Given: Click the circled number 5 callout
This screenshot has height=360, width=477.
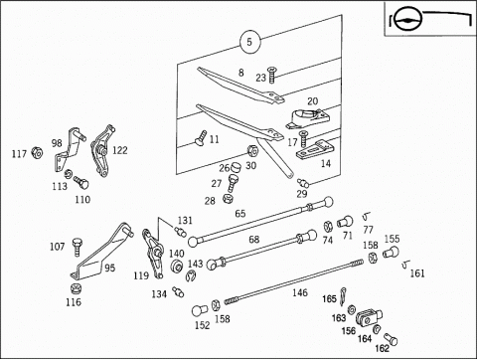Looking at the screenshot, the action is coord(250,42).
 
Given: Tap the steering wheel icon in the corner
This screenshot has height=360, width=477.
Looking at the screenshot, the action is coord(407,19).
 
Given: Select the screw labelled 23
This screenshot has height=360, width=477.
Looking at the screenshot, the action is coord(272,75).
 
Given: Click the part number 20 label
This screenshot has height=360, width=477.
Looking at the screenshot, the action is coord(312,101).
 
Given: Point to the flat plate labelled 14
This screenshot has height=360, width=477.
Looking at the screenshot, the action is coord(313,150).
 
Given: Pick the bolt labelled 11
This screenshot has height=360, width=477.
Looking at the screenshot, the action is coord(201,137).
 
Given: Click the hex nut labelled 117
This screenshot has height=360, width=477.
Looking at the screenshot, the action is coord(37,152).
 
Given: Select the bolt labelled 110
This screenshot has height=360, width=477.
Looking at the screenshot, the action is coord(81,182).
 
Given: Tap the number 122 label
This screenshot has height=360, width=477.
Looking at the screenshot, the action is coord(119,150).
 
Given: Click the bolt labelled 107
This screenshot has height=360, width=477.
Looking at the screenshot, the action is coord(77,247).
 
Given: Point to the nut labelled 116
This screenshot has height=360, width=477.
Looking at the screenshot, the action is coord(76,288).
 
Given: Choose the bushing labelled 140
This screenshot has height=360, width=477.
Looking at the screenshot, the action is coord(176,266).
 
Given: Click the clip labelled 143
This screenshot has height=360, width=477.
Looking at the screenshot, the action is coord(191,275).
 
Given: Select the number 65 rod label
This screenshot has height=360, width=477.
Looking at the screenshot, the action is coord(240,214).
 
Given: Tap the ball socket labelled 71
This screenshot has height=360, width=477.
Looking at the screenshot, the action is coord(345,222).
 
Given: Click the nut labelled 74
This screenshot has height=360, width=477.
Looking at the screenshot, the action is coord(328,227).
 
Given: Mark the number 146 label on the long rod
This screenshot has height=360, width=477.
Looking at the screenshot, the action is coord(300,292).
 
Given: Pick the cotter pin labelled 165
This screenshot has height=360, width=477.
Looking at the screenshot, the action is coord(343,295).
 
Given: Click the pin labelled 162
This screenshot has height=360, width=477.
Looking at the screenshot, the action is coord(391,339).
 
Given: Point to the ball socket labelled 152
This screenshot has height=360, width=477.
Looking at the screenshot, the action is coord(199,310).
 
